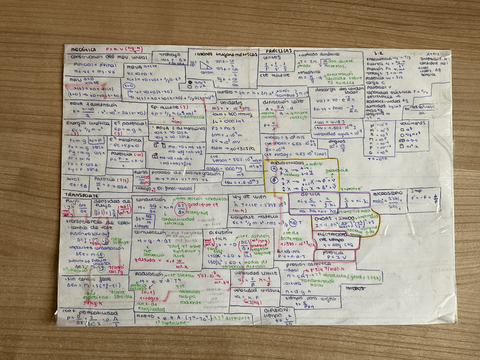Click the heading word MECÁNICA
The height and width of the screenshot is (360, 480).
[83, 50]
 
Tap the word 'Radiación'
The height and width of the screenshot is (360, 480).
[146, 273]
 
